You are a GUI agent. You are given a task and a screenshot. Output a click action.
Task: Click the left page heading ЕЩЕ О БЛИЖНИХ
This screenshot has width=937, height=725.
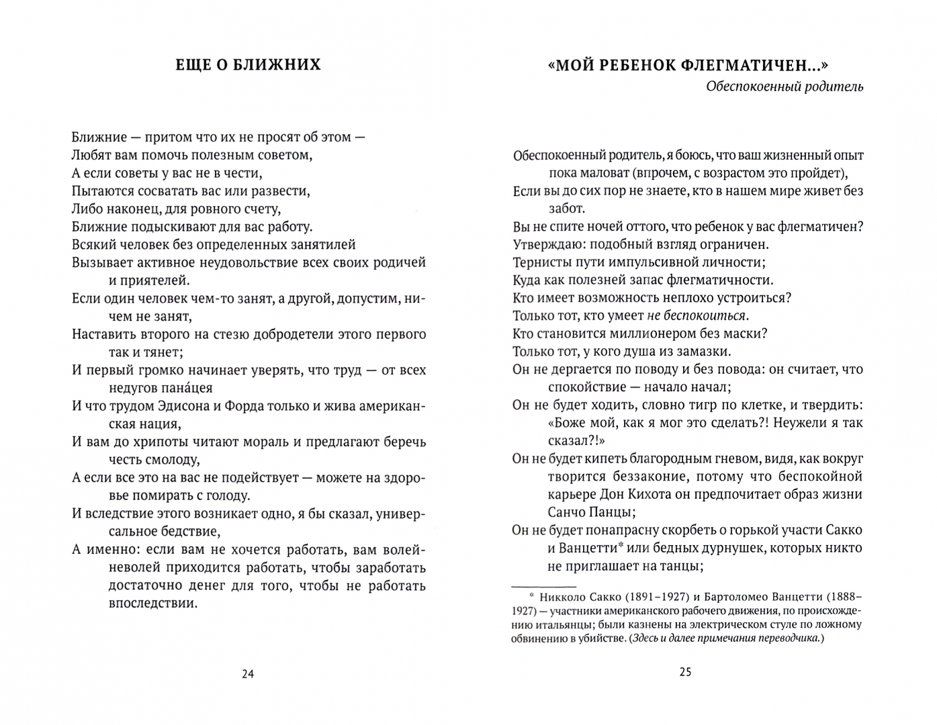click(x=248, y=64)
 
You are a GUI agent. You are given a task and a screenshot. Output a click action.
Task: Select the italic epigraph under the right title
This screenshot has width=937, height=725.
click(x=785, y=87)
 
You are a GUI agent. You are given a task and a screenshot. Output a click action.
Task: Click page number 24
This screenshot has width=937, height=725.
click(x=248, y=674)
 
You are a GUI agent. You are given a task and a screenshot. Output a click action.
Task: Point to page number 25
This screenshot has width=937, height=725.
click(x=685, y=672)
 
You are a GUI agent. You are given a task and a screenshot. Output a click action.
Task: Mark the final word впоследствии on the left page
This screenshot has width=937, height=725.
click(x=152, y=603)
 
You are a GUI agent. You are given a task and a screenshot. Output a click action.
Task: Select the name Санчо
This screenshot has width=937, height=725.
click(x=569, y=512)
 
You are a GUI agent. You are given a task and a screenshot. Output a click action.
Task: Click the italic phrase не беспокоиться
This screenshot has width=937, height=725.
click(x=697, y=316)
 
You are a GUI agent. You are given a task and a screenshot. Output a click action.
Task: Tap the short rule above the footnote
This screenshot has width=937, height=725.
click(x=539, y=585)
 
